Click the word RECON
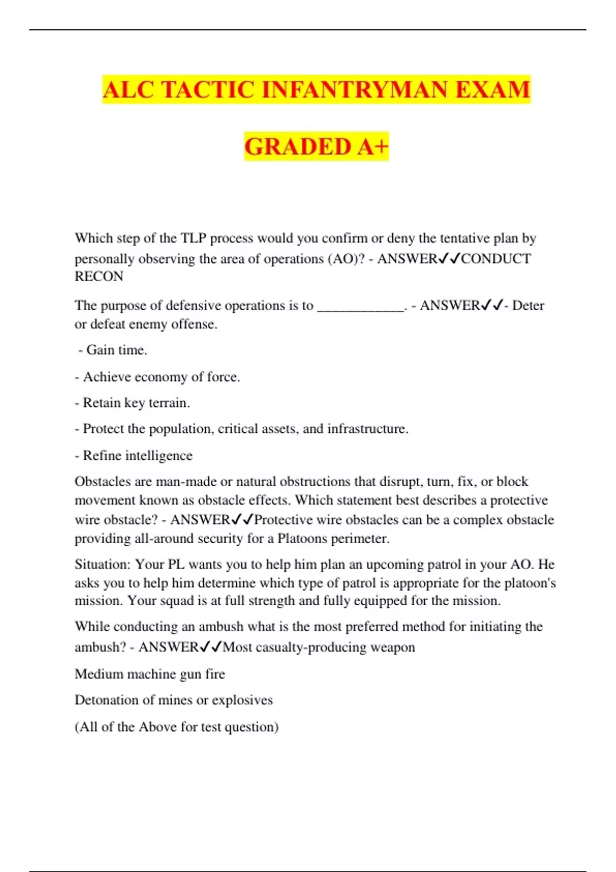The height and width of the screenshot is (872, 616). pos(99,276)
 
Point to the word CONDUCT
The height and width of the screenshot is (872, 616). pos(496,259)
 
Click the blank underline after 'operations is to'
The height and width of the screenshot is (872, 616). pos(361,306)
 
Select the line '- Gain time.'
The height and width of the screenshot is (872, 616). pos(112,350)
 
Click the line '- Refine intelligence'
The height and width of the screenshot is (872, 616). pos(133,455)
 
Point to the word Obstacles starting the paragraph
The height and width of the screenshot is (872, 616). pos(103,482)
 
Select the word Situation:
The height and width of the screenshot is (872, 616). pos(103,565)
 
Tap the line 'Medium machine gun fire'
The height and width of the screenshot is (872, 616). pos(150,674)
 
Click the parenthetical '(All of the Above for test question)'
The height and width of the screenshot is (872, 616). pos(177,727)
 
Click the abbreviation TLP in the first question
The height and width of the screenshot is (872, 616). pos(192,239)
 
